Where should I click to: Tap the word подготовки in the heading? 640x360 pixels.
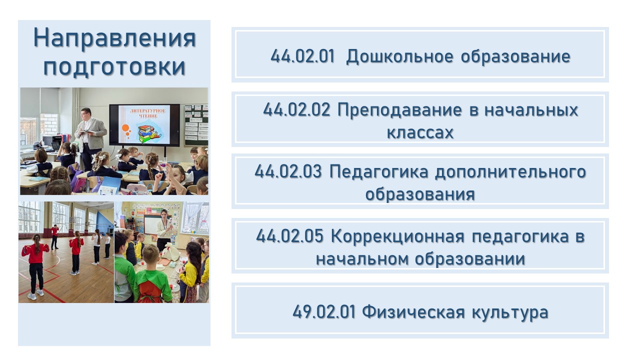pos(114,67)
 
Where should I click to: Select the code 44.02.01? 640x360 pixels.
pos(302,56)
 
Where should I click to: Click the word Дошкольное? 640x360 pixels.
pos(399,57)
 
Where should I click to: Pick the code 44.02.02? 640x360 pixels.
pos(296,109)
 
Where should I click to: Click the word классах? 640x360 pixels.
pos(420,132)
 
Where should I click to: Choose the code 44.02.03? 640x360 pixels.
pos(288,171)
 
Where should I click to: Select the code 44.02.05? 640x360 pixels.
pos(289,236)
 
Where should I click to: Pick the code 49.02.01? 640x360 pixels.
pos(324,311)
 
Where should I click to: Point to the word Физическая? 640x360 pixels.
pos(413,311)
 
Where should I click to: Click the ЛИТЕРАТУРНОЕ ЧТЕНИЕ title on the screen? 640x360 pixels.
pos(148,113)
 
